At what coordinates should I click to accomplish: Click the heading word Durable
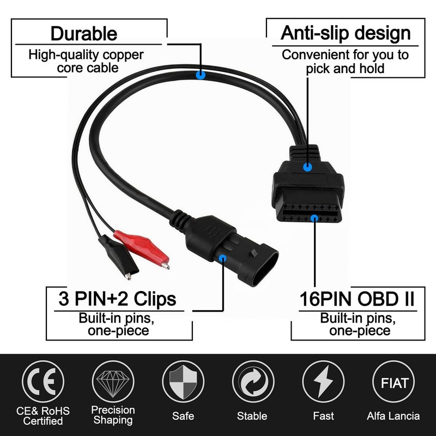click(83, 34)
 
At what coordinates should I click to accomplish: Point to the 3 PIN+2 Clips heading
click(117, 299)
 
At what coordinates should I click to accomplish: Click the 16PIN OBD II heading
click(357, 299)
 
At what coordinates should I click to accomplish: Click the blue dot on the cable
click(201, 76)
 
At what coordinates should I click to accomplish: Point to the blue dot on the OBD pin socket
click(314, 219)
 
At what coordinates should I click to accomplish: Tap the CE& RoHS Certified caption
click(44, 415)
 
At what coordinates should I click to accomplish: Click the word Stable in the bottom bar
click(252, 416)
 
